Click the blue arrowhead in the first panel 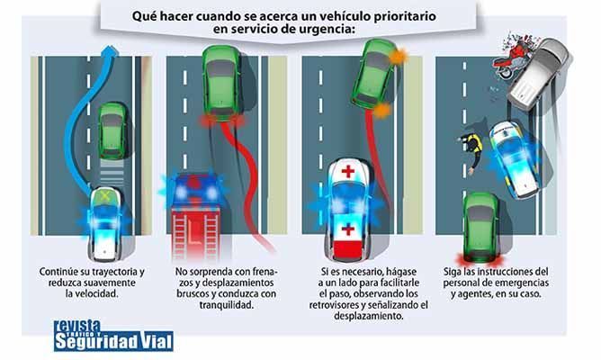pyautogui.click(x=111, y=51)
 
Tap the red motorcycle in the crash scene pyautogui.click(x=513, y=58)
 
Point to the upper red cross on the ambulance pyautogui.click(x=348, y=171)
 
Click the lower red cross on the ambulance pyautogui.click(x=347, y=229)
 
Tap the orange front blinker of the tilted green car pyautogui.click(x=398, y=57)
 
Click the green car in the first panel pyautogui.click(x=112, y=130)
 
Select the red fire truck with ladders pyautogui.click(x=196, y=218)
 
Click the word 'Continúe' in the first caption pyautogui.click(x=58, y=272)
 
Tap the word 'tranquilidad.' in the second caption pyautogui.click(x=227, y=305)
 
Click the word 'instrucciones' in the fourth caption pyautogui.click(x=502, y=272)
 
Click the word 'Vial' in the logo pyautogui.click(x=156, y=341)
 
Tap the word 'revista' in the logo pyautogui.click(x=77, y=326)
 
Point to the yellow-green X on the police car pyautogui.click(x=103, y=197)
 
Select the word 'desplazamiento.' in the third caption pyautogui.click(x=369, y=316)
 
